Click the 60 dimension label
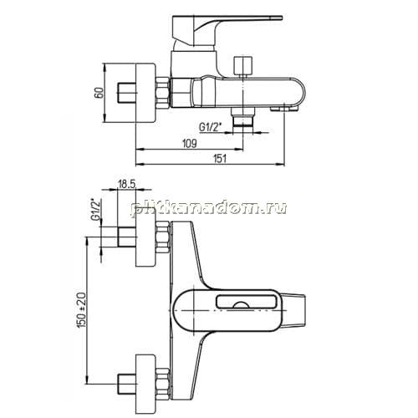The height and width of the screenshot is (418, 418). click(99, 93)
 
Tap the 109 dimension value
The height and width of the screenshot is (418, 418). click(190, 144)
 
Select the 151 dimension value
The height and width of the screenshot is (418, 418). click(220, 159)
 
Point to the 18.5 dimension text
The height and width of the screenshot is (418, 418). click(127, 184)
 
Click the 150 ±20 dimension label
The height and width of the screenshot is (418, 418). click(83, 310)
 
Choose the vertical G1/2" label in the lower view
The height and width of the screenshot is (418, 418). click(96, 210)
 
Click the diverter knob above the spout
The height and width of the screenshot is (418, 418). click(243, 66)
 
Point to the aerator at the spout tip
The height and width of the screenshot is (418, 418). click(284, 108)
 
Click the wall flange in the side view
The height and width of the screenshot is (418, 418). click(145, 93)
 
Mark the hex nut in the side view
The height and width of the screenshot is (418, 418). click(162, 93)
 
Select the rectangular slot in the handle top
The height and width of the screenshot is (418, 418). click(245, 302)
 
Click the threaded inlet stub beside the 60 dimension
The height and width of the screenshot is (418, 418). click(126, 93)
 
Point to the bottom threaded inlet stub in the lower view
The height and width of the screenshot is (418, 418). click(126, 384)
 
